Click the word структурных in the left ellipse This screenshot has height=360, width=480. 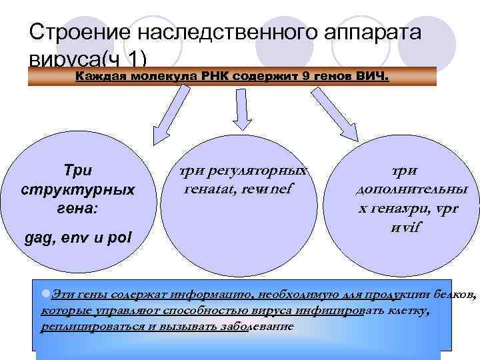coord(78,189)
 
